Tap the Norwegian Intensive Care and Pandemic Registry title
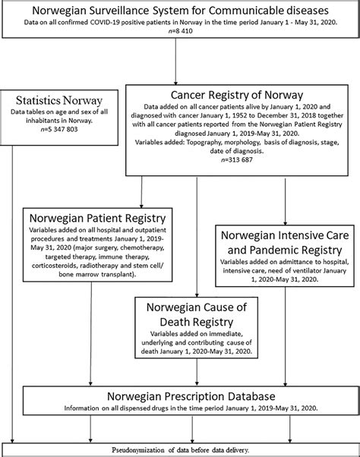click(x=286, y=244)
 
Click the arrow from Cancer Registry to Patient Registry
click(x=141, y=190)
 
